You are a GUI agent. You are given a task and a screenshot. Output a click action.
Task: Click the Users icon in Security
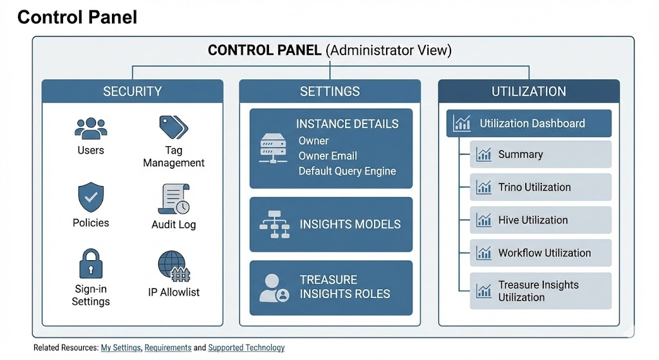91,128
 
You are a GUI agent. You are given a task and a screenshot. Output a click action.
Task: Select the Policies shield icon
91,197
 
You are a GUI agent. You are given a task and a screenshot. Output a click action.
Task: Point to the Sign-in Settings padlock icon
91,264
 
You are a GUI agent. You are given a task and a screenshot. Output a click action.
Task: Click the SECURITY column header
133,91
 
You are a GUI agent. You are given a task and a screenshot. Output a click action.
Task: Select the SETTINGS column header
330,91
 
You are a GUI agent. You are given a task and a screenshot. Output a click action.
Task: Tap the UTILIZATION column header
528,91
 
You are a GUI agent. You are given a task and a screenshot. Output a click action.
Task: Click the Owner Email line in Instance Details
328,156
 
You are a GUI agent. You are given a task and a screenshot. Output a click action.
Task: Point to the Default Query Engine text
347,171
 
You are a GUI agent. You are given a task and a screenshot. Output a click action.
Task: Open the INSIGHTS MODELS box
331,225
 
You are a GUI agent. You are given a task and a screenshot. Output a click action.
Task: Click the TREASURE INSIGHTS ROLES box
331,287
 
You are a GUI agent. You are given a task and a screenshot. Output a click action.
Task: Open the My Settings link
120,348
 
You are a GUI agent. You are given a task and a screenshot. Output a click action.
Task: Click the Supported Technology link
246,348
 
